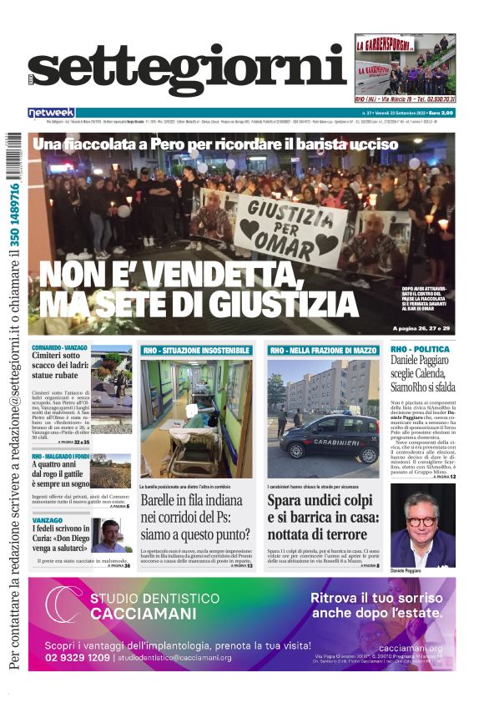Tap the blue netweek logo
coord(51,112)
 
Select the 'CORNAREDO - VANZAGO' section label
coord(60,346)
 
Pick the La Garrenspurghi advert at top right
coord(405,68)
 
